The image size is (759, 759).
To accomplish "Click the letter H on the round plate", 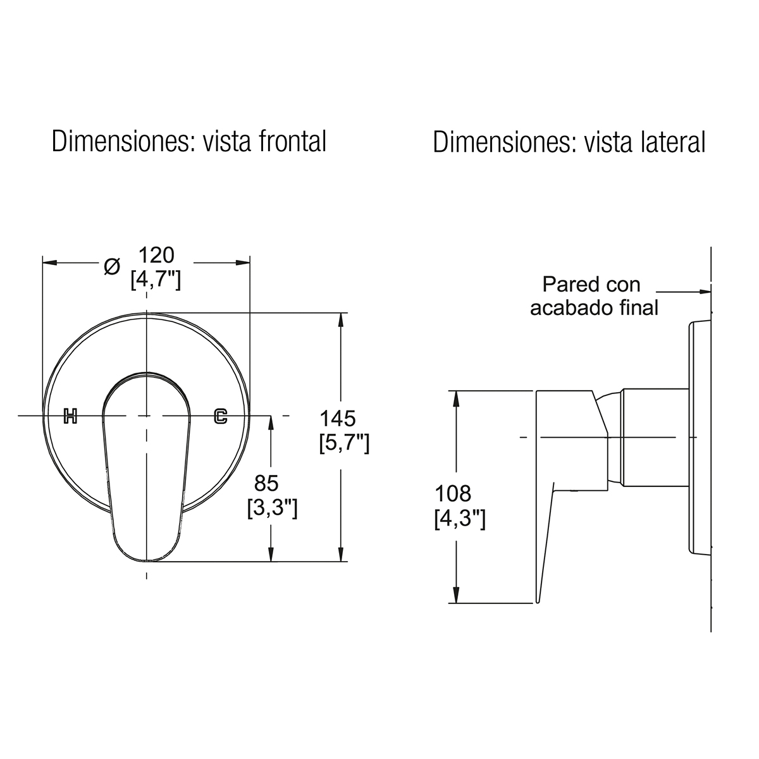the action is [x=70, y=416].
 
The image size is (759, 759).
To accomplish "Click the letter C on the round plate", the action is [x=221, y=416].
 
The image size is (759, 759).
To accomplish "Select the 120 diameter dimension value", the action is [x=156, y=256].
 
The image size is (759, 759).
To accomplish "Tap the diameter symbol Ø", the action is [x=112, y=267].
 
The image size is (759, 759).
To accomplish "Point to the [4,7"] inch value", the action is [x=156, y=280].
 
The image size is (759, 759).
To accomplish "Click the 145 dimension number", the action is [x=338, y=419].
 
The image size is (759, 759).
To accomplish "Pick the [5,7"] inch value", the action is [x=344, y=443].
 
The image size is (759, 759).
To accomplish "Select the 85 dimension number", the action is [x=266, y=483].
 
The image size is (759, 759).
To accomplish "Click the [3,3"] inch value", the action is [x=272, y=509].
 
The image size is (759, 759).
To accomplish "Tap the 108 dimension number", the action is [x=453, y=493].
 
